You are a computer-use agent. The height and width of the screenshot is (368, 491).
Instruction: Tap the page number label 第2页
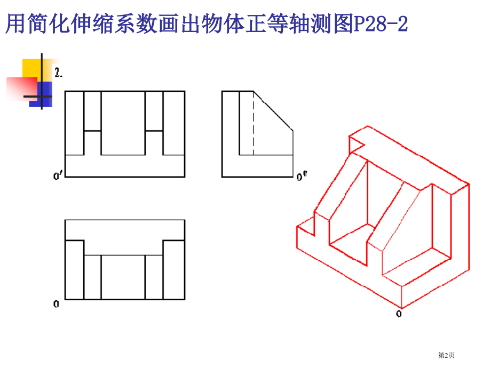446,355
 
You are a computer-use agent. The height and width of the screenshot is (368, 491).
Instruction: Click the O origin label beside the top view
56,305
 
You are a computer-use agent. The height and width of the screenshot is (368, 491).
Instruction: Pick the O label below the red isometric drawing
398,314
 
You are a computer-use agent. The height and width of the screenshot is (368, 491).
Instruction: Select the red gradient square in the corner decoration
21,89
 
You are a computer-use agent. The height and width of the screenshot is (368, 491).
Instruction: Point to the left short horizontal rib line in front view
92,130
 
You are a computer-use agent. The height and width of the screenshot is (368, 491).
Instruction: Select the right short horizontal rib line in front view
154,130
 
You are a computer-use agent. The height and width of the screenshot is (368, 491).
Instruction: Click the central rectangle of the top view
123,277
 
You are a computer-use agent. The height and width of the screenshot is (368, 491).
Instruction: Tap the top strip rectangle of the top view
125,229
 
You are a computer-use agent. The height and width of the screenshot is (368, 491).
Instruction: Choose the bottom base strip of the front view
125,166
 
